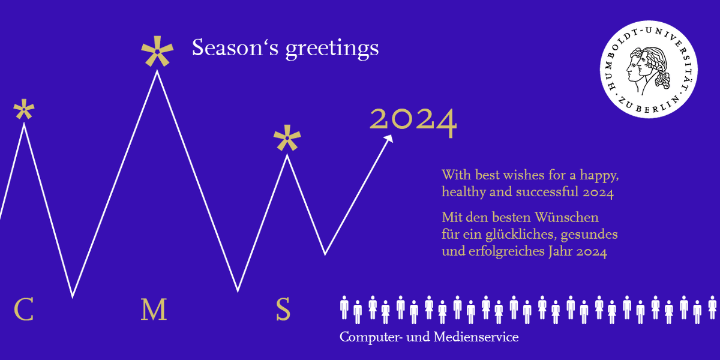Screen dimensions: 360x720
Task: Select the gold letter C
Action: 23,310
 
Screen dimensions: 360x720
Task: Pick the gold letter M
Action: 154,310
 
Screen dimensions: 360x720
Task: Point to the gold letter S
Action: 283,310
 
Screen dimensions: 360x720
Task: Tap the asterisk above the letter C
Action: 24,110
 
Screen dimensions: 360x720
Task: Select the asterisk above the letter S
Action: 287,139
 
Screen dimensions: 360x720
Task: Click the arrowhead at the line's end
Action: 389,139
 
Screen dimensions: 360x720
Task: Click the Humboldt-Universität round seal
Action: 649,71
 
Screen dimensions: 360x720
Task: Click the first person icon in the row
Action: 344,307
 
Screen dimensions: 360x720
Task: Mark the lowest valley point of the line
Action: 73,296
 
